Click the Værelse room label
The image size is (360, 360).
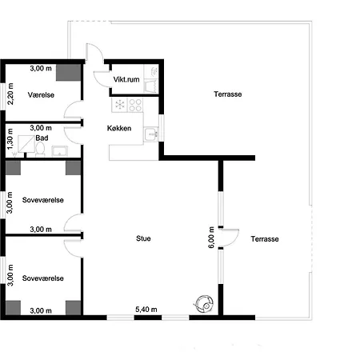coord(40,94)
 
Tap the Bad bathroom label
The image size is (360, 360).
coord(41,138)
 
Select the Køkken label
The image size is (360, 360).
coord(119,128)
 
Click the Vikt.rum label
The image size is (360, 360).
coord(127,80)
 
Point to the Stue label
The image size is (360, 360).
coord(144,238)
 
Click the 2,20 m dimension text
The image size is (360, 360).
coord(10,94)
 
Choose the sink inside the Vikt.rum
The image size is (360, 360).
coord(154,72)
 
